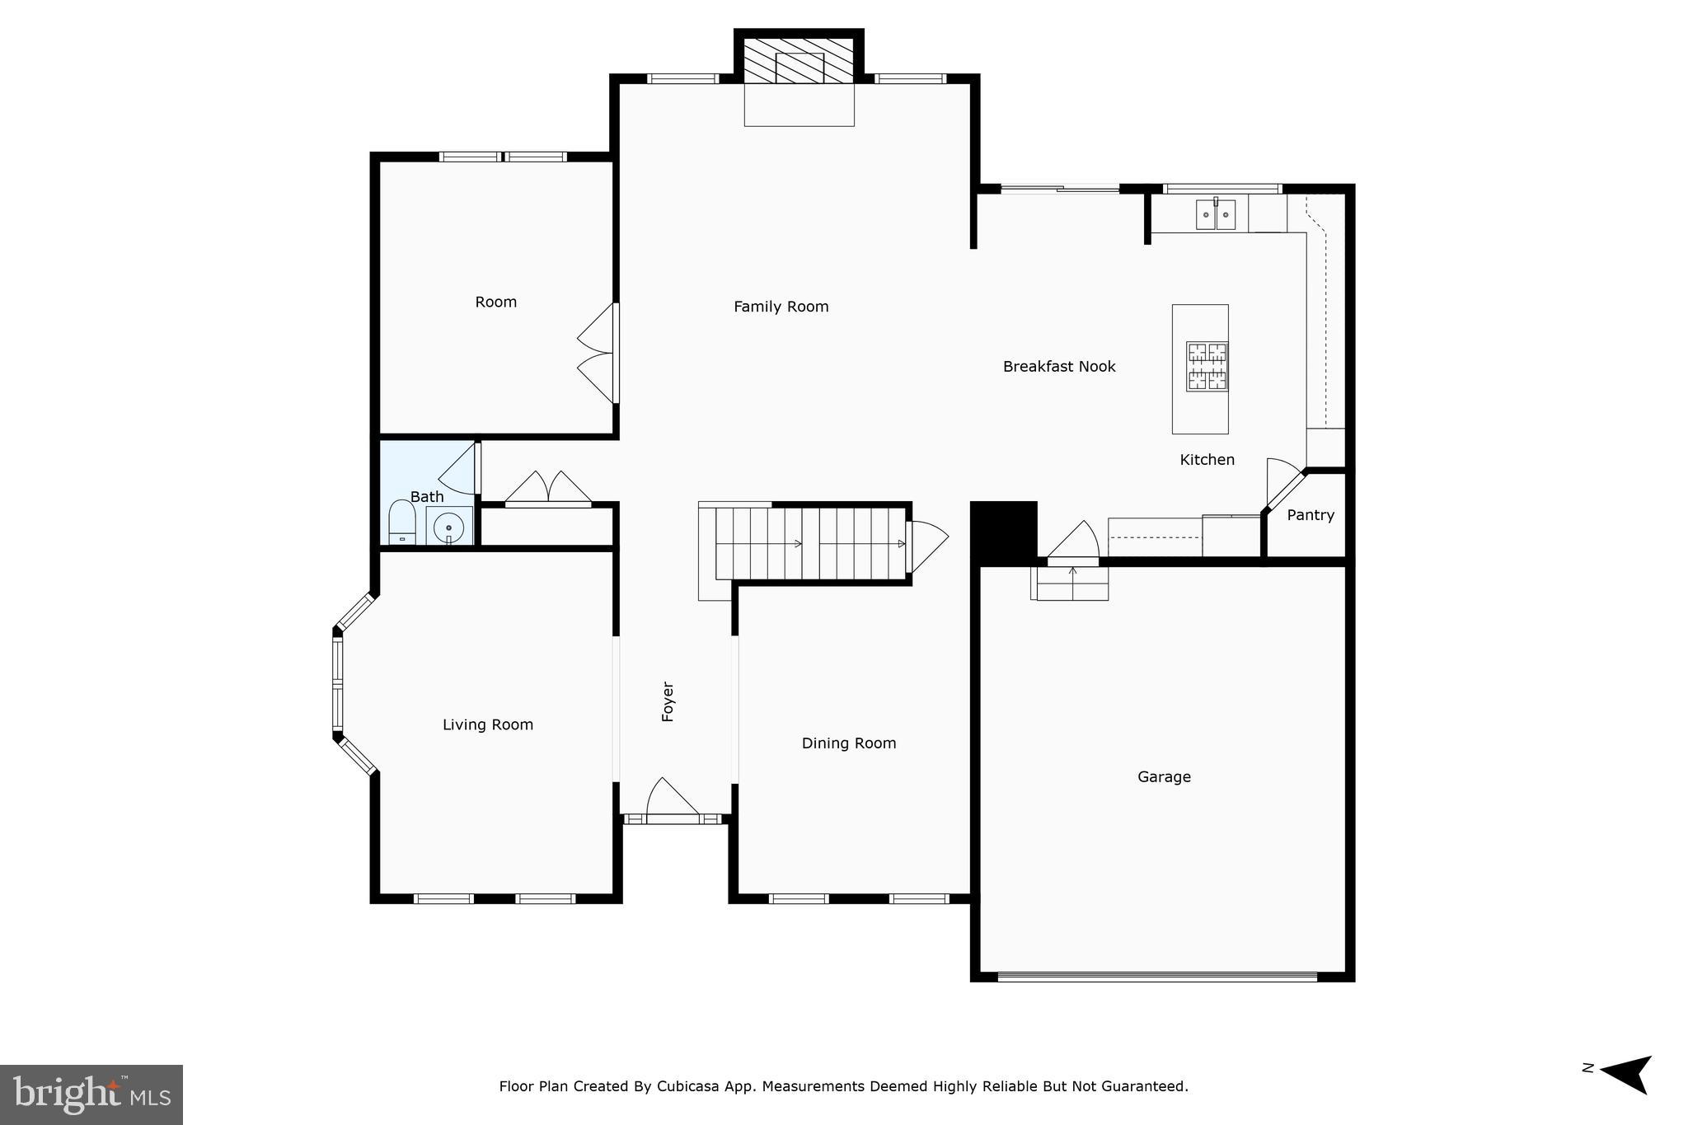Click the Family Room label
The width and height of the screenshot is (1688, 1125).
781,307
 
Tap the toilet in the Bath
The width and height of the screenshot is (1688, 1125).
401,522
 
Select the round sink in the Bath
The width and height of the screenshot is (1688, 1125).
448,526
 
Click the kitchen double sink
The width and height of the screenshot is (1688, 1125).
1215,215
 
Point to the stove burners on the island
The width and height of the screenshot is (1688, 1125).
1207,366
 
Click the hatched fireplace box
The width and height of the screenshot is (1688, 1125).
799,59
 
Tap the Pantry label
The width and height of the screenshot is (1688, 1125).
1310,515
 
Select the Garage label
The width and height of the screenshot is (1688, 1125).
1163,776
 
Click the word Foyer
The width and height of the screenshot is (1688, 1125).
668,701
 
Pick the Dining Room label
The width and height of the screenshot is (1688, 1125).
848,743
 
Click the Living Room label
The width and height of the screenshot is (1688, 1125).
487,724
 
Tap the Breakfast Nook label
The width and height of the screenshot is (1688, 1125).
1058,367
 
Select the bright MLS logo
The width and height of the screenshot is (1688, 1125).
91,1095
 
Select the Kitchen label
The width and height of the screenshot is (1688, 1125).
1207,460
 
